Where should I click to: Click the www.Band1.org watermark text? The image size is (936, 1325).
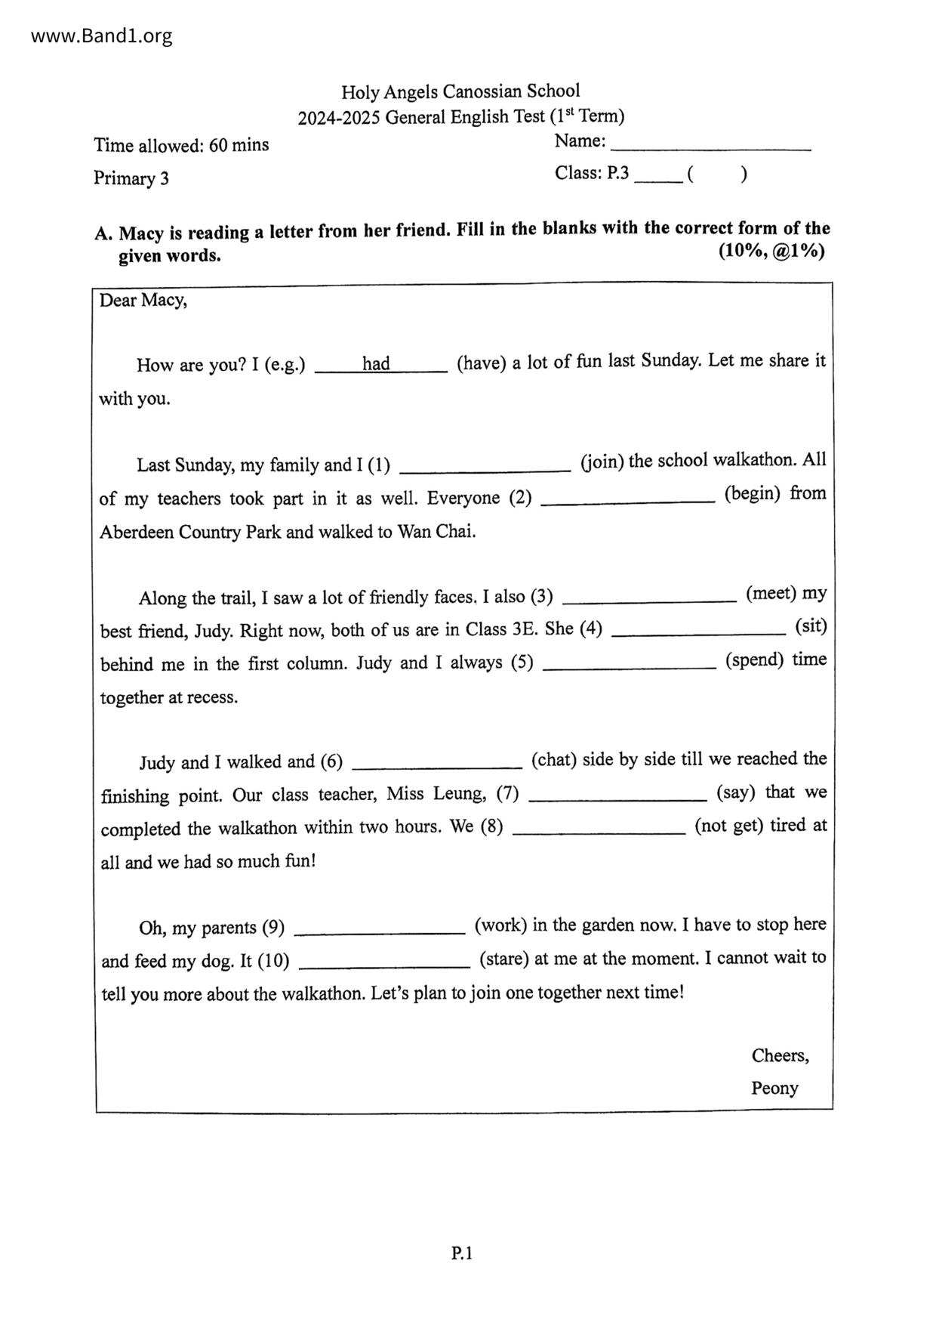[x=102, y=36]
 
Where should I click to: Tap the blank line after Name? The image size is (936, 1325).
[x=710, y=146]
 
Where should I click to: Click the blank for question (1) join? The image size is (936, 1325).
[x=485, y=465]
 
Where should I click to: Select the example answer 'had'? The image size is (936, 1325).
[x=376, y=364]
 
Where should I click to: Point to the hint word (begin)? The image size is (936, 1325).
[x=753, y=494]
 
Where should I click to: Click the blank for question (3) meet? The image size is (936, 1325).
[x=649, y=597]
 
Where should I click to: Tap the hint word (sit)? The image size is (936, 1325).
[x=811, y=627]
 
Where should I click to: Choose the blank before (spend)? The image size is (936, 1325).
[x=630, y=663]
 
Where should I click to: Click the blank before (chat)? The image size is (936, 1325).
[x=437, y=763]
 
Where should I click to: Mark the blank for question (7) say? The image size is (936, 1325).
[x=617, y=795]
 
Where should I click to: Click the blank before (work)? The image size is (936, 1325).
[x=380, y=928]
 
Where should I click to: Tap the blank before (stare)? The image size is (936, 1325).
[x=385, y=962]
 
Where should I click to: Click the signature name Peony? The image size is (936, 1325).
[x=774, y=1089]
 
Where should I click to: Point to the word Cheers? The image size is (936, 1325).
[x=780, y=1055]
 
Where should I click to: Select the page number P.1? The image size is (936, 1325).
[x=462, y=1254]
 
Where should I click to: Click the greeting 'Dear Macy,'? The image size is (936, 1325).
[x=143, y=301]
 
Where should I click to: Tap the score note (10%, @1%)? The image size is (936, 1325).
[x=771, y=251]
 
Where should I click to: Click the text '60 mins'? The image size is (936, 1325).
[x=239, y=145]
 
